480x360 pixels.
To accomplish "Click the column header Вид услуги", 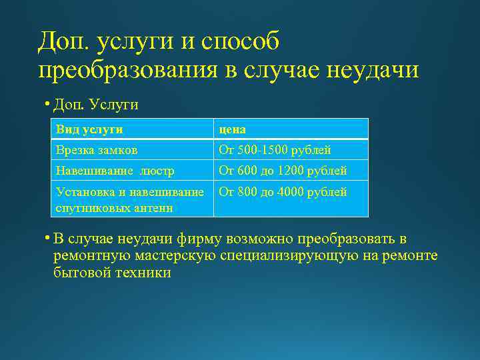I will (x=89, y=129).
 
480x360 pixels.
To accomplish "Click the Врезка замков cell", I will (x=97, y=150).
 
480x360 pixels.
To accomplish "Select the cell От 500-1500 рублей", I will (x=275, y=150).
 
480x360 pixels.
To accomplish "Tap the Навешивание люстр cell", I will (x=115, y=171).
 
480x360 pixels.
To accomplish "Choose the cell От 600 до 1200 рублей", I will (x=283, y=171).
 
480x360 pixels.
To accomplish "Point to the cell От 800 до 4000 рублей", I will (x=283, y=193).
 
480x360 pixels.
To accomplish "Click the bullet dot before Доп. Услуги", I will (x=48, y=105).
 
